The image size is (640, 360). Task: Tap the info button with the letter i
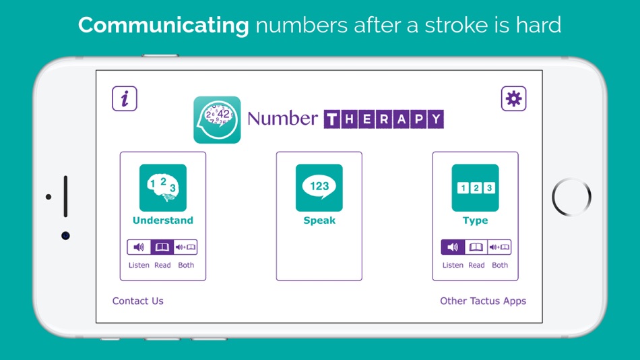(125, 99)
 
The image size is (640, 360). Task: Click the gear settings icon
(513, 99)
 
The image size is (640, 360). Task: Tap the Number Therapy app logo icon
(217, 120)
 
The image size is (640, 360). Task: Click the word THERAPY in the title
(384, 119)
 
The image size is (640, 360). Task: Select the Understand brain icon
(163, 188)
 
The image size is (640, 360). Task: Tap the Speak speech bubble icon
(319, 188)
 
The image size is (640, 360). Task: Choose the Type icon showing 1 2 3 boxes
(476, 188)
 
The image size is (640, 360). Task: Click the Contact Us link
(138, 301)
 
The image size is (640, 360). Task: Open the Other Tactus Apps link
(483, 301)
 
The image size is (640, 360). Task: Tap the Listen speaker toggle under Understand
(139, 247)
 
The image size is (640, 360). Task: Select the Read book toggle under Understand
(162, 247)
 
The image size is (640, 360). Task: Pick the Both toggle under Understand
(186, 247)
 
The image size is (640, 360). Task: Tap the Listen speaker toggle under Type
(453, 247)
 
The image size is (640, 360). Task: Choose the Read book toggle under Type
(476, 247)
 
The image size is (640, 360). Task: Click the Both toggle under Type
(500, 247)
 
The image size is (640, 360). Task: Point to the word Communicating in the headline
(164, 25)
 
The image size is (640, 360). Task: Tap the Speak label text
(319, 220)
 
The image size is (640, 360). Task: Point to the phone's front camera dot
(65, 235)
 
